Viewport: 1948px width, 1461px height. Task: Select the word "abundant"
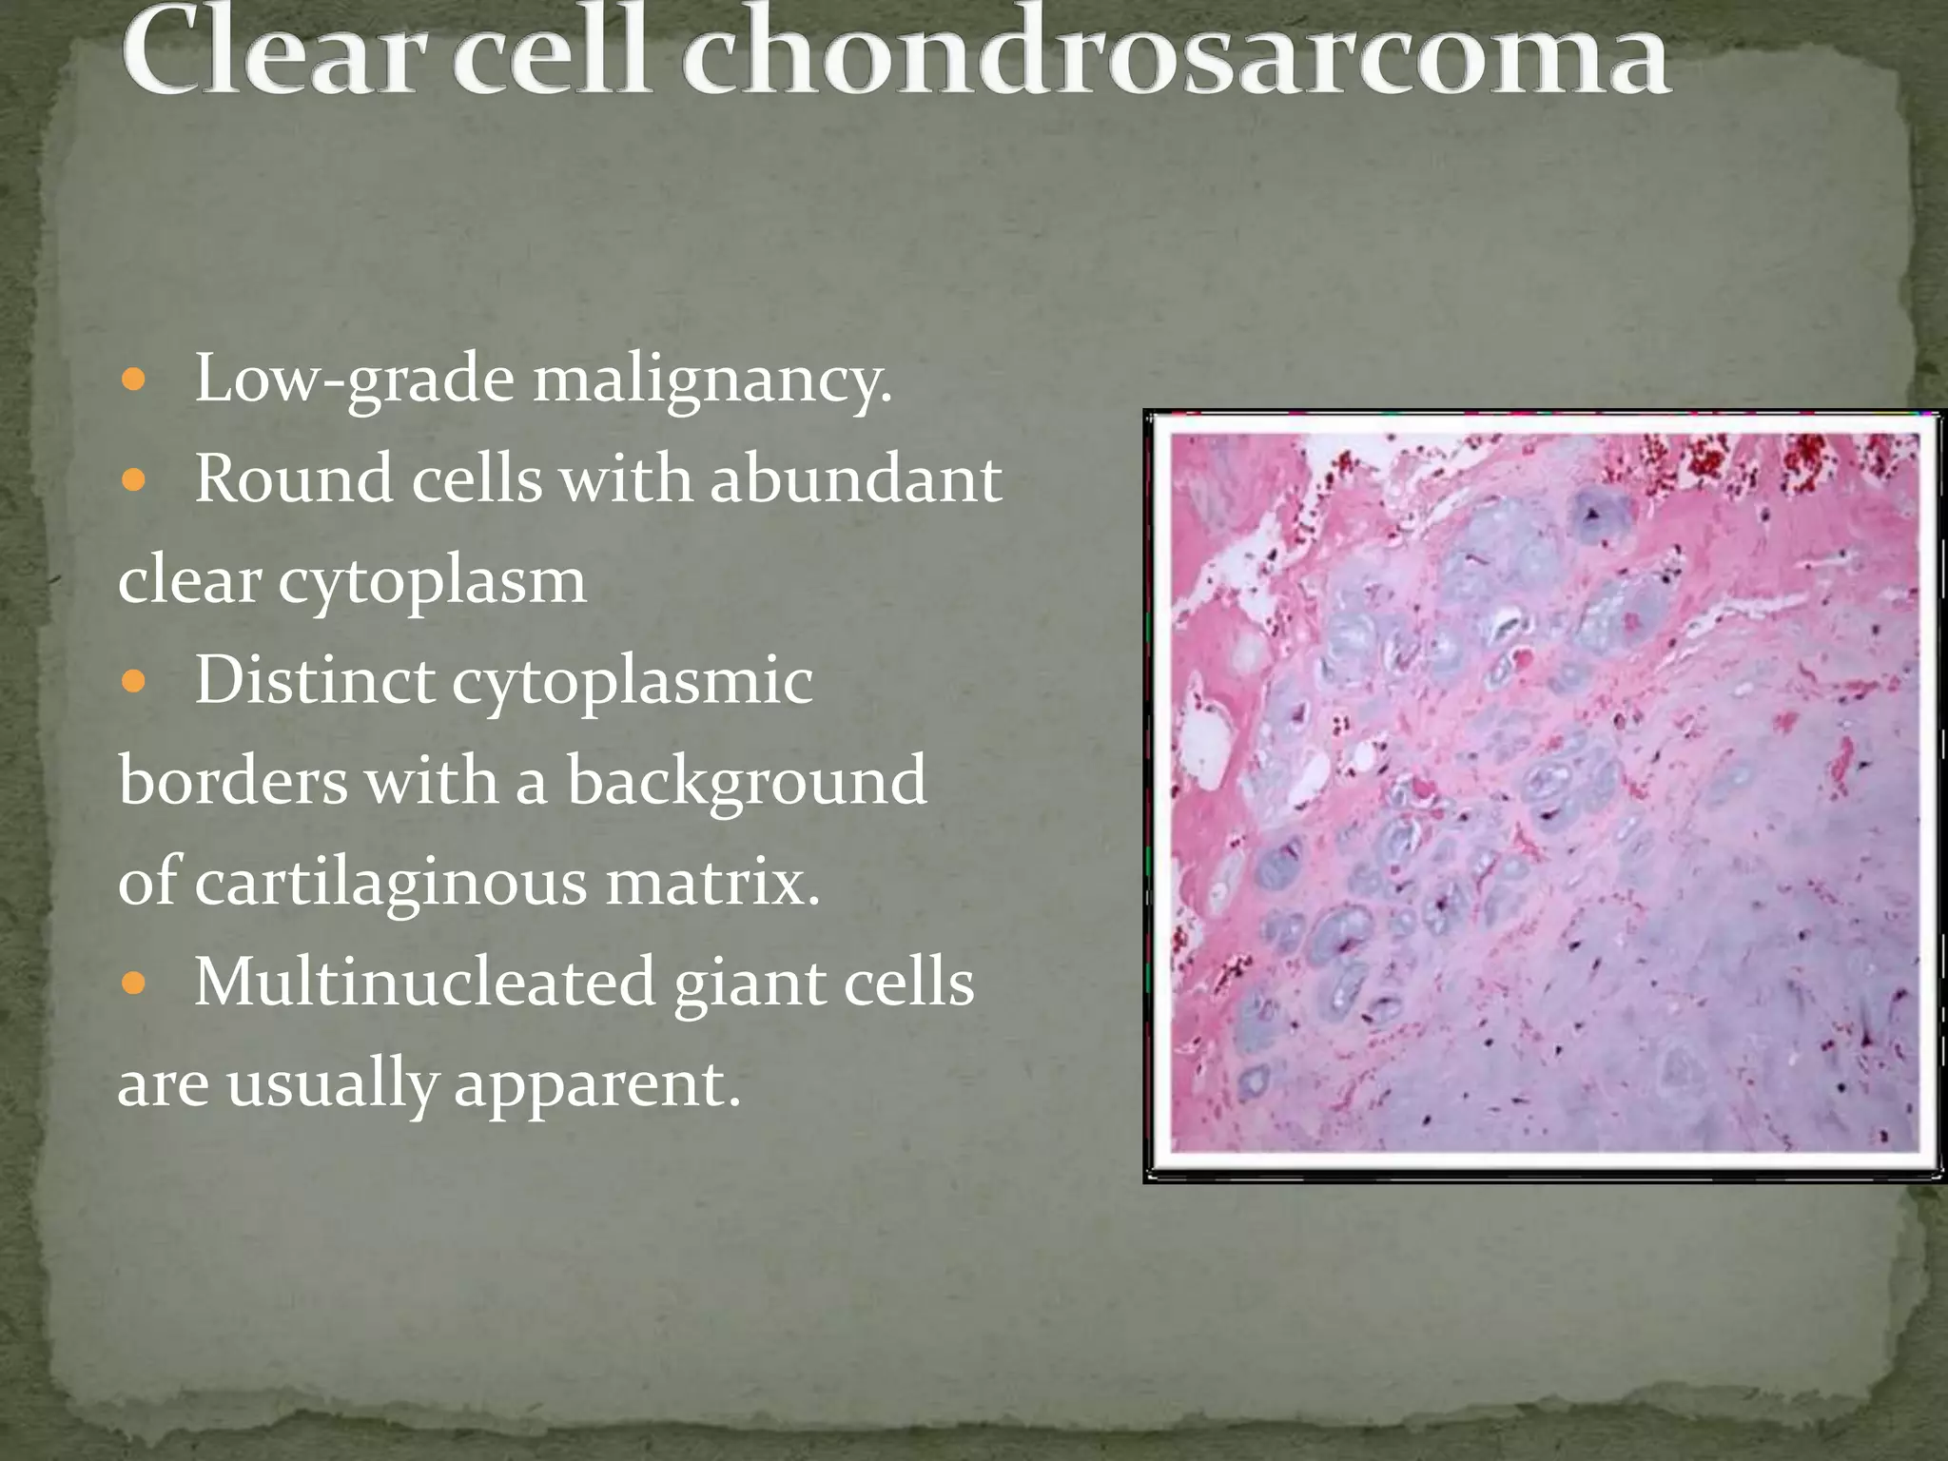[856, 478]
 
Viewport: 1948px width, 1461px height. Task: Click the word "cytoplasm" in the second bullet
[432, 581]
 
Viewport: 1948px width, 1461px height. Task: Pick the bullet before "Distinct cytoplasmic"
[134, 682]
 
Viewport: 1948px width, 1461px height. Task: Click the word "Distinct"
[314, 681]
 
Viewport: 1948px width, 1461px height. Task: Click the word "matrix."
[712, 882]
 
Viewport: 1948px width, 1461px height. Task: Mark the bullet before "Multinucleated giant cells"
[134, 984]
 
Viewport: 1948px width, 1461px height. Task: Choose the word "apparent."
[596, 1084]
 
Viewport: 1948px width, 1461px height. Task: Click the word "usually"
[331, 1084]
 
